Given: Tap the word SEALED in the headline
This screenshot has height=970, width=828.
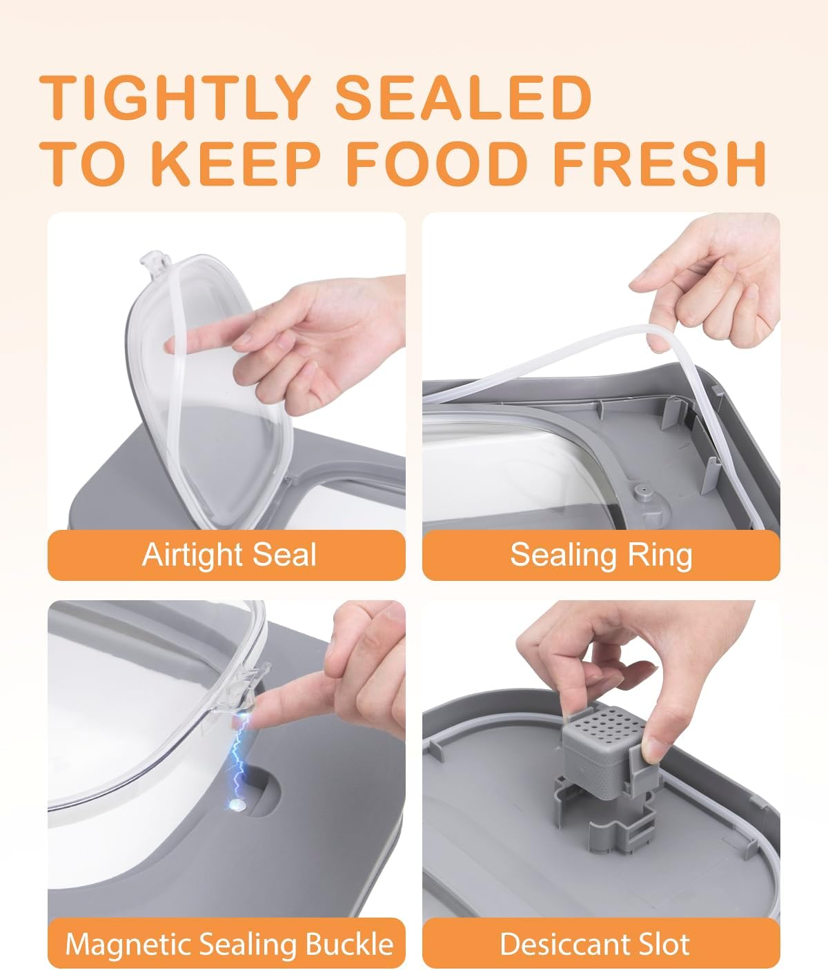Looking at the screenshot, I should (464, 97).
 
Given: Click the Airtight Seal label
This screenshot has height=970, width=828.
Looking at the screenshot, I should (228, 555).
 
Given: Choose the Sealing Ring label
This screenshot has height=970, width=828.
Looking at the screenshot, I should (601, 555).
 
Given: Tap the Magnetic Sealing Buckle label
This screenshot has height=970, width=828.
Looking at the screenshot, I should (228, 944).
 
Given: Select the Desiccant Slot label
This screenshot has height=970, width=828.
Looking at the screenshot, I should (594, 944).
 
